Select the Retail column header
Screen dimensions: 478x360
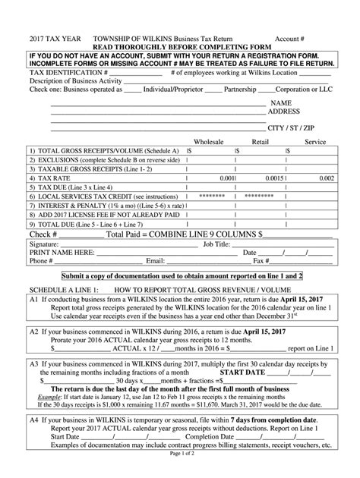pyautogui.click(x=261, y=141)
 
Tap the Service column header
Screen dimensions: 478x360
pyautogui.click(x=314, y=141)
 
